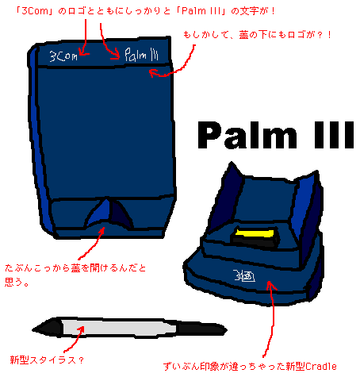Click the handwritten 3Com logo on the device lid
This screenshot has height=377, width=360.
[x=63, y=56]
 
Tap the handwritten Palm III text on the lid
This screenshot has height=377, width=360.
[x=141, y=55]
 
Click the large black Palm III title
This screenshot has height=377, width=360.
[x=275, y=135]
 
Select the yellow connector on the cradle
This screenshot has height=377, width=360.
[x=255, y=233]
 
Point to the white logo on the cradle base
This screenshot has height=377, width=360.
[x=244, y=275]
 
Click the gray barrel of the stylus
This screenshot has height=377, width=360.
[x=119, y=328]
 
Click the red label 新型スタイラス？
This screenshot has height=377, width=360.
[x=47, y=360]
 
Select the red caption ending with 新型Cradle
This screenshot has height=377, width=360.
[x=250, y=367]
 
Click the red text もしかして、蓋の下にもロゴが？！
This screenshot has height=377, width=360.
[x=257, y=35]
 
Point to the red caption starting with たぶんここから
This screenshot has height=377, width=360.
[x=75, y=275]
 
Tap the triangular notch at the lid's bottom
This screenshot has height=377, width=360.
[x=109, y=213]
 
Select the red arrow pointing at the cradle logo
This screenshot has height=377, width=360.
[x=272, y=317]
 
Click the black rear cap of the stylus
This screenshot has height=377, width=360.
[x=201, y=329]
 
